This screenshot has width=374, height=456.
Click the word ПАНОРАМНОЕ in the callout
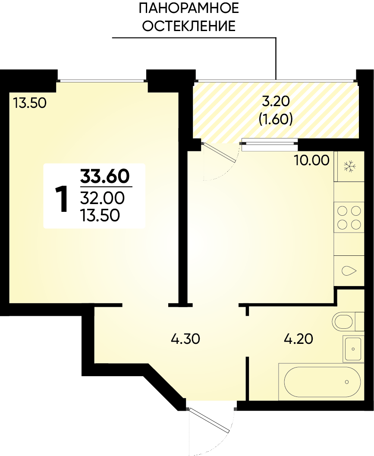(x=189, y=8)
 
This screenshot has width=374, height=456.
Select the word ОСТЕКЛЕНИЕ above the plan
(x=189, y=26)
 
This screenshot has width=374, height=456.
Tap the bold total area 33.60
(x=105, y=176)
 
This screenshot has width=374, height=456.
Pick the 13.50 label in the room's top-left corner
(x=30, y=103)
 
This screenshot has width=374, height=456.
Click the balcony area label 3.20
(x=276, y=101)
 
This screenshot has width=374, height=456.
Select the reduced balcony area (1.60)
(x=276, y=119)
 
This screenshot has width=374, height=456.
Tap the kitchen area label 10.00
(x=311, y=160)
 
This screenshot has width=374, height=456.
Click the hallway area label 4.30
(x=185, y=339)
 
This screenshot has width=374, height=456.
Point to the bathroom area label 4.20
(x=299, y=339)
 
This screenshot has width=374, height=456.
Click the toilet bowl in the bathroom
(x=344, y=322)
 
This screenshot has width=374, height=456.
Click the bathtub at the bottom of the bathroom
(x=321, y=381)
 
